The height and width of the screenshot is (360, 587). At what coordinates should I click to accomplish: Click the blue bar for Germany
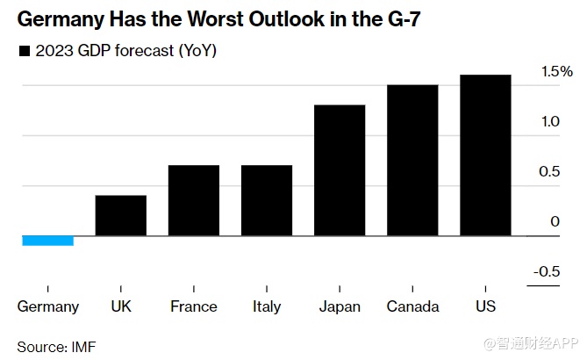click(47, 241)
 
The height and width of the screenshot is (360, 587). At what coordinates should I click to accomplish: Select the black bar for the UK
click(121, 215)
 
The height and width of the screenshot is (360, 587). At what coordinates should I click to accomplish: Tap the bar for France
click(194, 200)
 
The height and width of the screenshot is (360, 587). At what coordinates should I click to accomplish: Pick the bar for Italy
click(267, 200)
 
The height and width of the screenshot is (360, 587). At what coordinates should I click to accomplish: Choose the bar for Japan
click(340, 170)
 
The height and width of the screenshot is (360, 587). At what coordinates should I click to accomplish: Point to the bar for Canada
click(412, 160)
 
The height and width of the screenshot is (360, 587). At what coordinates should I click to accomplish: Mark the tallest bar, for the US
click(485, 155)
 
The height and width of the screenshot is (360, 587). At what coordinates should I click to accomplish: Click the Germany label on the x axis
click(48, 306)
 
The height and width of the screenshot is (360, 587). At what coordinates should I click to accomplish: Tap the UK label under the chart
click(121, 306)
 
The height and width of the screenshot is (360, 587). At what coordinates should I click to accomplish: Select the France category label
click(194, 306)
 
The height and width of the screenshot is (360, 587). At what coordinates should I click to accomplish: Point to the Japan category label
click(340, 306)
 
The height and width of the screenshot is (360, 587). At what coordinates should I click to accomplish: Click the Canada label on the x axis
click(412, 306)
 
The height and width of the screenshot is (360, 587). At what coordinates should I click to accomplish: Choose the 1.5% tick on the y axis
click(555, 71)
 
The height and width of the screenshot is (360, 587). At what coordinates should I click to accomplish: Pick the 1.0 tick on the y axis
click(550, 121)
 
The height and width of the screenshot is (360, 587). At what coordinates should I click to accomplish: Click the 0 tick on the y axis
click(555, 221)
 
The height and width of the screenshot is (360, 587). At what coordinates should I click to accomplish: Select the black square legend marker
click(24, 50)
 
